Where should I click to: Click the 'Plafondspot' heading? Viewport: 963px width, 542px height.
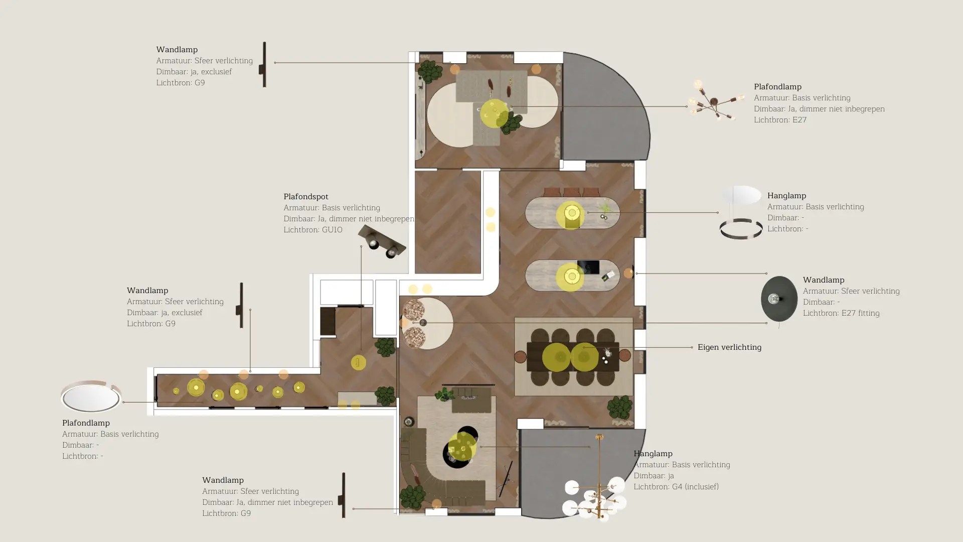pos(306,197)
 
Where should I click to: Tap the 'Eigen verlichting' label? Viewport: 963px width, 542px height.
pos(729,347)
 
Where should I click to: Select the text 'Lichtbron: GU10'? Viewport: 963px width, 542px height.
pos(313,230)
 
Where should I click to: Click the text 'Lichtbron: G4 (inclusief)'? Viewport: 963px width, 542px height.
pos(676,487)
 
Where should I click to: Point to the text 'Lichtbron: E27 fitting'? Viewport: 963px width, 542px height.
pos(841,313)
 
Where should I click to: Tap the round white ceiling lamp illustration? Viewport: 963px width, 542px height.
pos(91,396)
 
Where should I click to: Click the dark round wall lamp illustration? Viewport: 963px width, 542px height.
pos(779,299)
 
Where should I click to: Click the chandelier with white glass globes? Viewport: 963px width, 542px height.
pos(595,492)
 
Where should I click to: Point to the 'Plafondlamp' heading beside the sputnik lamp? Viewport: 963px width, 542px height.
pos(777,87)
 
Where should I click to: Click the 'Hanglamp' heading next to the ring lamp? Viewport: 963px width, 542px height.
pos(786,196)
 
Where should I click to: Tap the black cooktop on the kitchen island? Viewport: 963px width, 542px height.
pos(588,267)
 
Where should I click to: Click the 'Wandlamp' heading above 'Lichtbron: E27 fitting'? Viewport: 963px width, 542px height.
pos(824,280)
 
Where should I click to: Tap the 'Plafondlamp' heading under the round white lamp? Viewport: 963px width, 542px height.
pos(86,423)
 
